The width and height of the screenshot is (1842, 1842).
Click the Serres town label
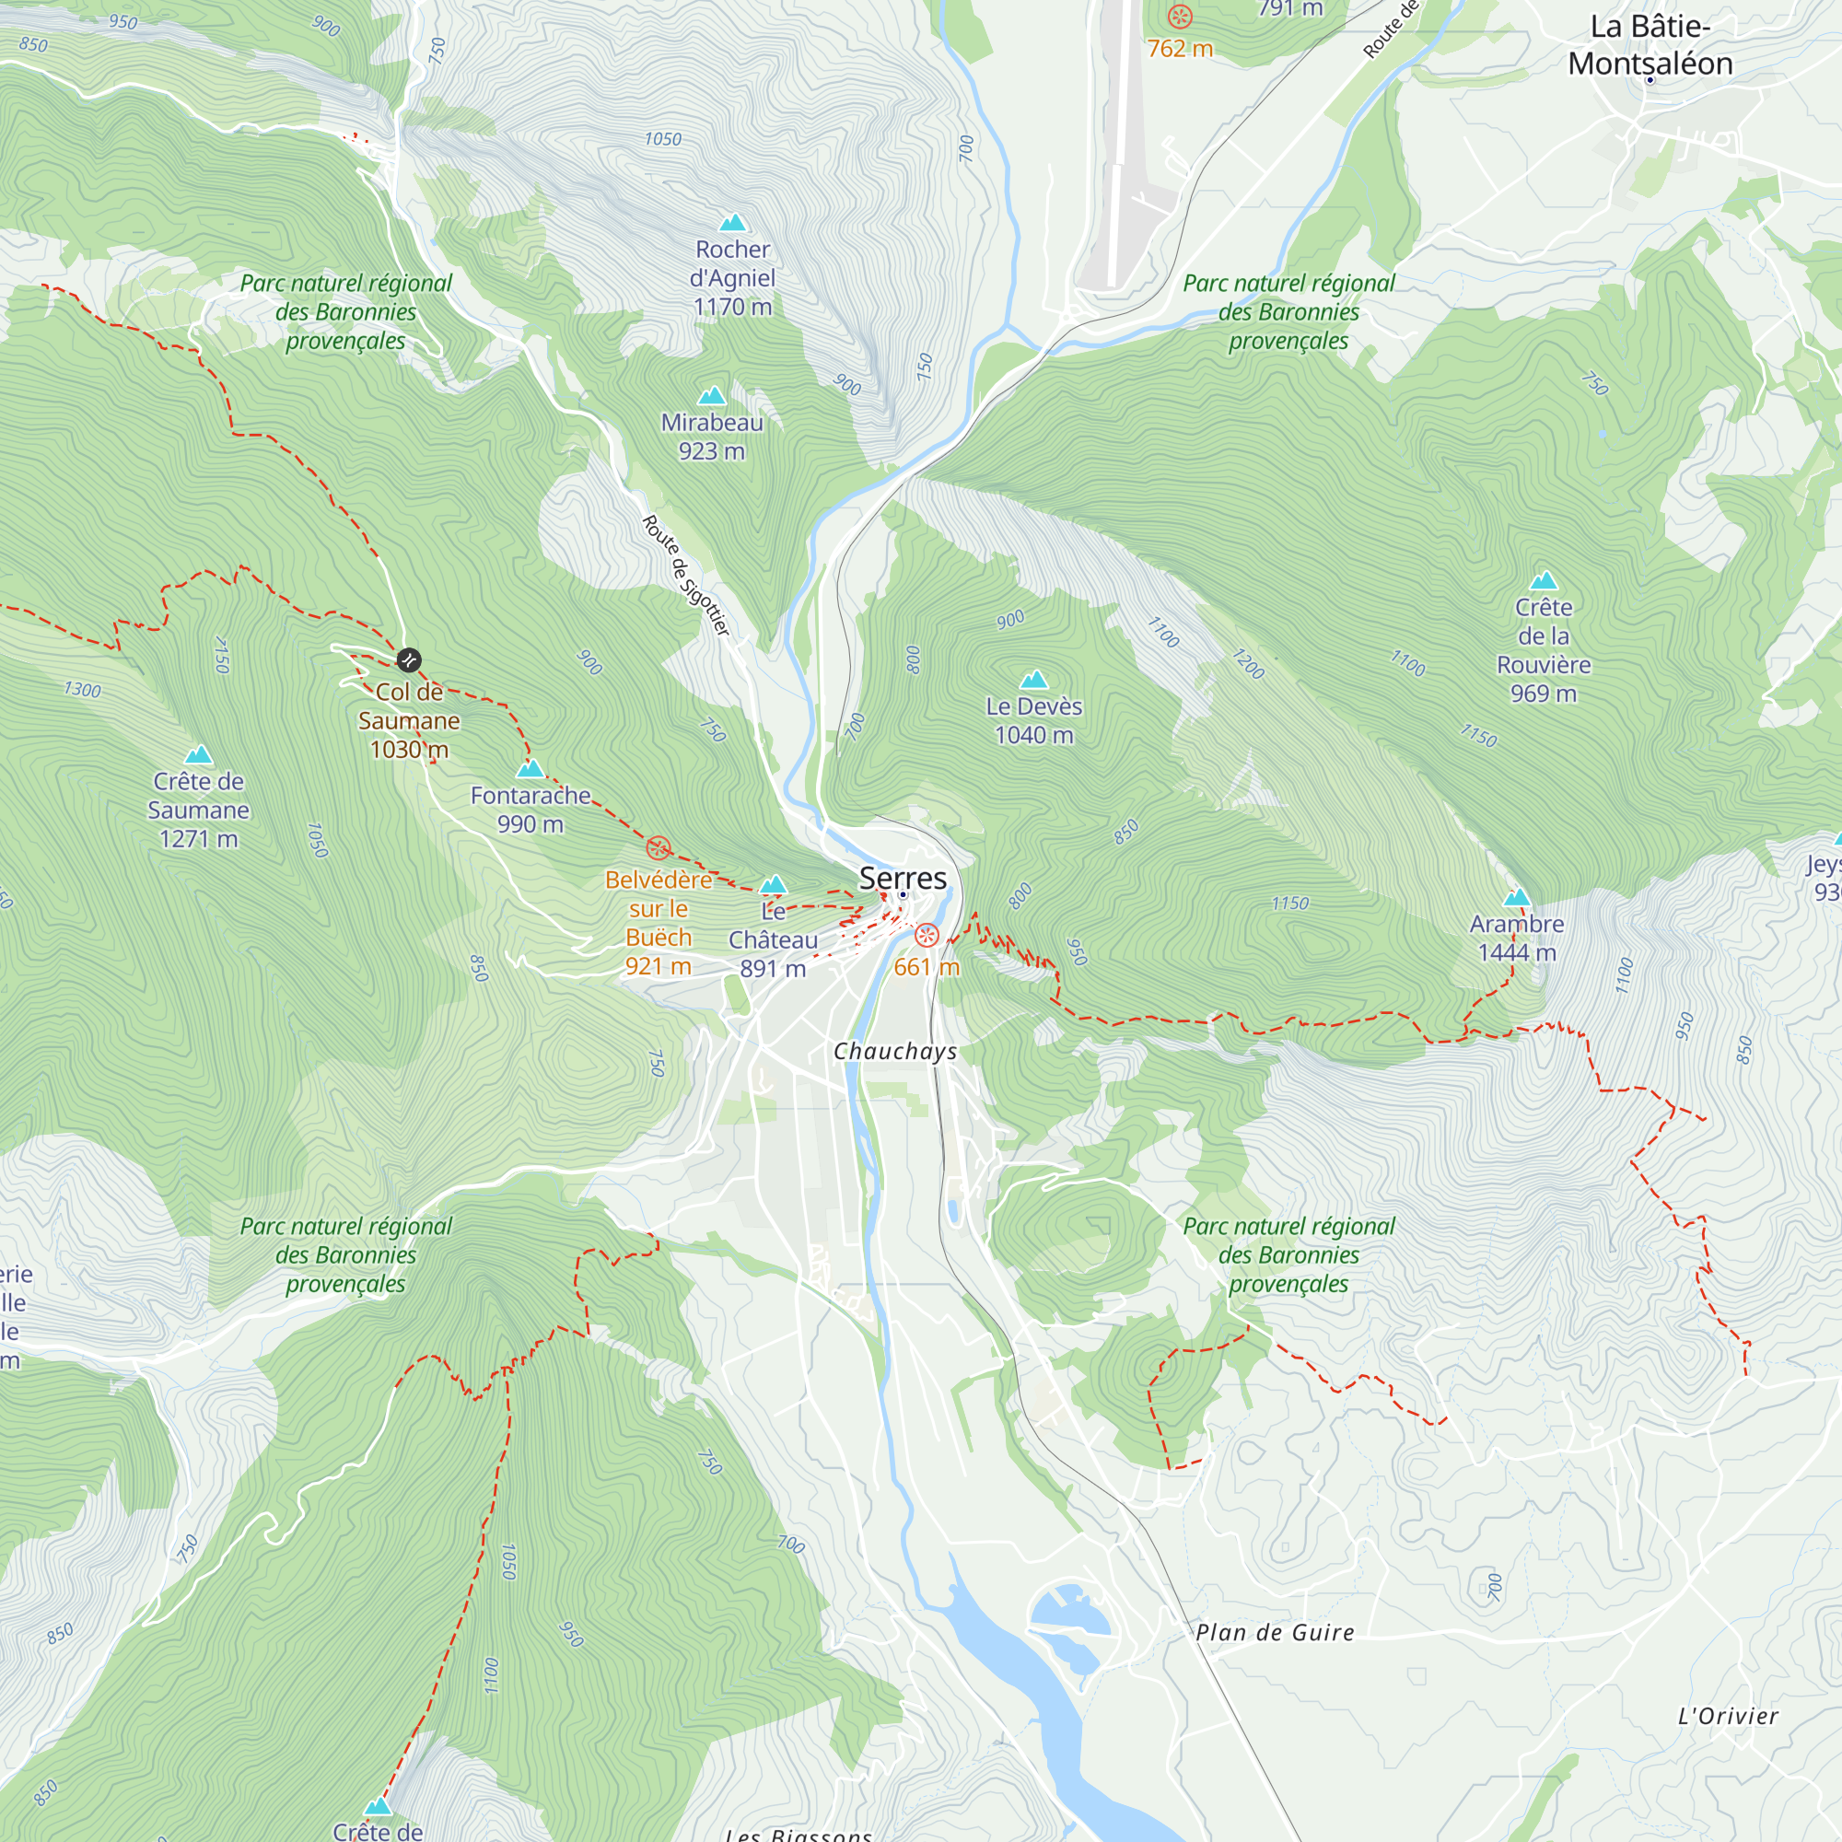coord(902,878)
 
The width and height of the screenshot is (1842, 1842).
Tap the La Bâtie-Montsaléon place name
coord(1650,46)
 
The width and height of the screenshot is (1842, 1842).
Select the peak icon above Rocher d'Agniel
coord(732,223)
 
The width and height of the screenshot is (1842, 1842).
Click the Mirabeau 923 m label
coord(711,437)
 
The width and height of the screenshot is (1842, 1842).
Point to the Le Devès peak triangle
coord(1033,680)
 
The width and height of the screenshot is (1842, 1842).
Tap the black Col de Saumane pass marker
coord(408,659)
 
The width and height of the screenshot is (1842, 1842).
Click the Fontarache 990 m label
coord(530,810)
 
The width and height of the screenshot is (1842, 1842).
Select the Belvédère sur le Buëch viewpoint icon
coord(658,847)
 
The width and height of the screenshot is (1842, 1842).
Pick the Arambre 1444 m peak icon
coord(1516,897)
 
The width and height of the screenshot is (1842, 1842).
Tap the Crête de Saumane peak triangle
coord(198,755)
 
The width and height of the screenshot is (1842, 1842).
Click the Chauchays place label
coord(894,1052)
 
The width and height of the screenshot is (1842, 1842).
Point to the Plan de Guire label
coord(1275,1633)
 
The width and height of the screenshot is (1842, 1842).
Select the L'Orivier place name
coord(1728,1717)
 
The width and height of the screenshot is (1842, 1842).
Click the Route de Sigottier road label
coord(685,575)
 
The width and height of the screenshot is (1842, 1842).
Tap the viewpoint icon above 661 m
coord(926,936)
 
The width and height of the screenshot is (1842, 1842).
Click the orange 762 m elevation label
coord(1180,49)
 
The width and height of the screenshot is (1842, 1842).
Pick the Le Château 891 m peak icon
coord(774,885)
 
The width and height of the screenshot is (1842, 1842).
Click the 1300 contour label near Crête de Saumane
coord(82,689)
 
